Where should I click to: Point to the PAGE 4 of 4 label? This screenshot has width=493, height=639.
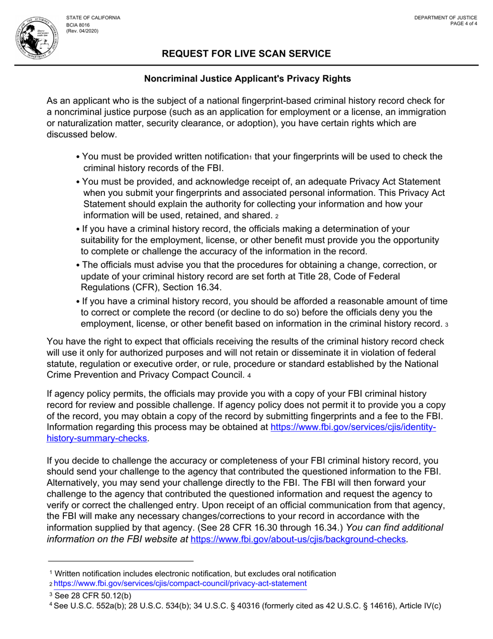coord(464,24)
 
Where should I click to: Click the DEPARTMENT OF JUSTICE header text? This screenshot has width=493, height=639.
coord(446,18)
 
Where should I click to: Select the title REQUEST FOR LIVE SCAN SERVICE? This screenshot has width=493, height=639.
coord(246,54)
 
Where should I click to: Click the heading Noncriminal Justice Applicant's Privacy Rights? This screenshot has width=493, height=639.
coord(247,79)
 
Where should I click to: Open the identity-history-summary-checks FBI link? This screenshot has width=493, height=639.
coord(353,427)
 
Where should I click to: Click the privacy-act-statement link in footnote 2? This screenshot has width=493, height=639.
coord(183,583)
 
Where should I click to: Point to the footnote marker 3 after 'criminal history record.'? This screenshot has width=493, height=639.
coord(447,325)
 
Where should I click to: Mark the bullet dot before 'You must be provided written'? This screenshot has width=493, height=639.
coord(77,157)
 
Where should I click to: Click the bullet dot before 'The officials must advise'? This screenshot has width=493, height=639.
coord(77,265)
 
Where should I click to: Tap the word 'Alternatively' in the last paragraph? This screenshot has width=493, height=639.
coord(73,483)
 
